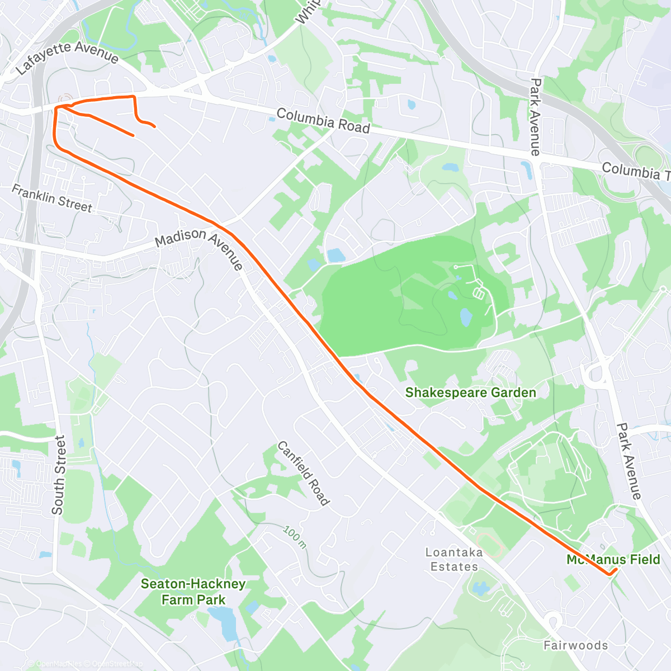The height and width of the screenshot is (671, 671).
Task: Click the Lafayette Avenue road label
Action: [67, 57]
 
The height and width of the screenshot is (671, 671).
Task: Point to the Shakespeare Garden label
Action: [470, 393]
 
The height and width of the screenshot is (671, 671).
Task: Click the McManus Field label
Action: [613, 560]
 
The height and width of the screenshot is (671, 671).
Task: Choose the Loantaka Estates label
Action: [454, 559]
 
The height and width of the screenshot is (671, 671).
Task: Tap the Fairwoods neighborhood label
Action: [575, 645]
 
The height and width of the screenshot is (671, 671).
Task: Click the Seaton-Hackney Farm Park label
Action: [193, 592]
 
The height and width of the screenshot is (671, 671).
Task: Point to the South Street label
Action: [58, 475]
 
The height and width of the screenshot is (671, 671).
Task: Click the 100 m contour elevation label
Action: [294, 537]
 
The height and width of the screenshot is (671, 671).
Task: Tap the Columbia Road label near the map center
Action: [323, 121]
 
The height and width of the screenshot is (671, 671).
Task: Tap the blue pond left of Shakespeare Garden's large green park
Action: [336, 256]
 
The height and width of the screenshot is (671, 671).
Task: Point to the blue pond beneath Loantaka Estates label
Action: [480, 588]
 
